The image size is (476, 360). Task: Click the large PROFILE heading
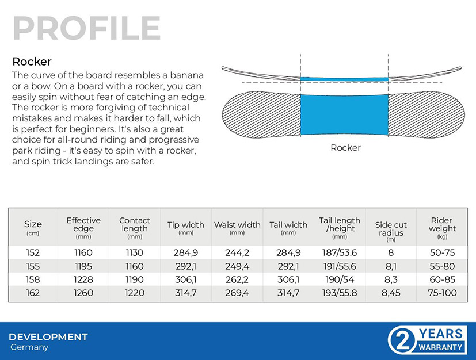point(86,28)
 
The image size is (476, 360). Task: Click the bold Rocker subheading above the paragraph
point(32,62)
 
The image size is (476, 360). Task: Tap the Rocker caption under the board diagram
point(345,148)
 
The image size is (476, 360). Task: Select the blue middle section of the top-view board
point(344,114)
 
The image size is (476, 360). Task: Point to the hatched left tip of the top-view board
point(261,114)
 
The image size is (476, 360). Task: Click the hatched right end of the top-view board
point(427,114)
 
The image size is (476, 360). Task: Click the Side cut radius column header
point(391,231)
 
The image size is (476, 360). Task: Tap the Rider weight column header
point(442,228)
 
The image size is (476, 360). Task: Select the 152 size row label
point(33,252)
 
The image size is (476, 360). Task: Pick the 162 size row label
point(33,293)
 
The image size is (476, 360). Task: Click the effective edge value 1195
point(83,266)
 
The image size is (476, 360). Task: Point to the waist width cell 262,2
point(237,279)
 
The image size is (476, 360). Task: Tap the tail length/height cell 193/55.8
point(340,293)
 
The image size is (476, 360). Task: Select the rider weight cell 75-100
point(442,293)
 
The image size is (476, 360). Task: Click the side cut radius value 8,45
point(391,293)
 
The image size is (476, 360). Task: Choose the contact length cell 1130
point(135,252)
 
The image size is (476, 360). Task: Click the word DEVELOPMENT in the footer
point(48,337)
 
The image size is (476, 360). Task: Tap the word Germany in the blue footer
point(29,347)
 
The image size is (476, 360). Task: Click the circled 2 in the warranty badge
point(402,341)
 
